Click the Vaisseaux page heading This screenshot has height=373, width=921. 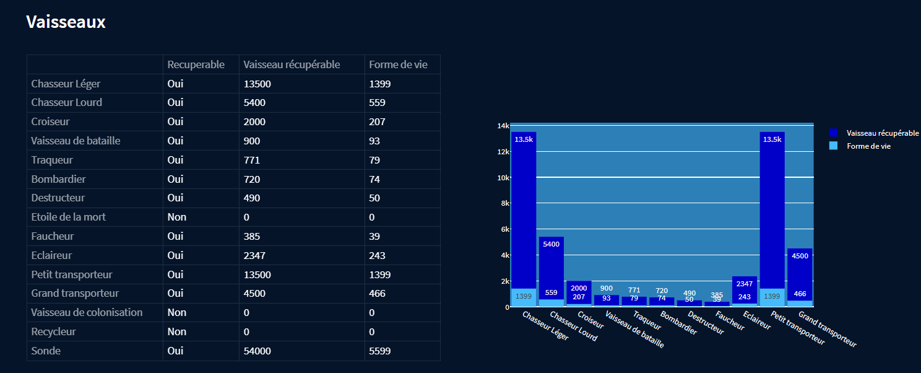tap(66, 22)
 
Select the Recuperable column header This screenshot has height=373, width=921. tap(196, 64)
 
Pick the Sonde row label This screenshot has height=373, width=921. tap(46, 351)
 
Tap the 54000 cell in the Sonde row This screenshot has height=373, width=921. tap(257, 351)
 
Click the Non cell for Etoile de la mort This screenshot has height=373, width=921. tap(177, 217)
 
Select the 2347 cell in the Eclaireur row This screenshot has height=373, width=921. tap(254, 255)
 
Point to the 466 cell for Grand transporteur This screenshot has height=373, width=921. tap(377, 293)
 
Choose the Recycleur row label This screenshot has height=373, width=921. tap(53, 331)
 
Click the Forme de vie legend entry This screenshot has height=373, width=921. tap(868, 146)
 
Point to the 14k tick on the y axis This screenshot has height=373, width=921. tap(503, 126)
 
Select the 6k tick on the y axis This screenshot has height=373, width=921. tap(504, 229)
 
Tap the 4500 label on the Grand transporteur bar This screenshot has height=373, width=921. tap(800, 257)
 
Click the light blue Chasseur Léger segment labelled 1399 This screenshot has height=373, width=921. tap(524, 297)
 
